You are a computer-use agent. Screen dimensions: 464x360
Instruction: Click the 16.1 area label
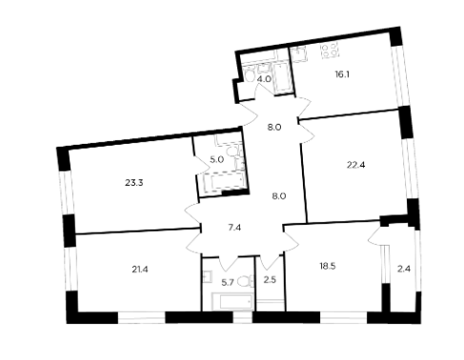342,75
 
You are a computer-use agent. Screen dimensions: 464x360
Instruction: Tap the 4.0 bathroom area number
264,79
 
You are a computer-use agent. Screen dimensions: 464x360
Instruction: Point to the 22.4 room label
355,165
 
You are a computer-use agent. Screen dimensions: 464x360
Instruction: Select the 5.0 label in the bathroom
217,159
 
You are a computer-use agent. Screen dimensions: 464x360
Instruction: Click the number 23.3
134,183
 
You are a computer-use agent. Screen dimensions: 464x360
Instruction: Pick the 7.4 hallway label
234,228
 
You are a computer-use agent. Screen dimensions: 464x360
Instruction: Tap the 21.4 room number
140,270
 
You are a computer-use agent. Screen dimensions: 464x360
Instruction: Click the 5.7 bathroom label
228,282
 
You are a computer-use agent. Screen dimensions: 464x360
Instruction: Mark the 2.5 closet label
270,280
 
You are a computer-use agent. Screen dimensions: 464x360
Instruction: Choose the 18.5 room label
328,266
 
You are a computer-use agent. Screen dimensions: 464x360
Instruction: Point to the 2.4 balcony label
404,270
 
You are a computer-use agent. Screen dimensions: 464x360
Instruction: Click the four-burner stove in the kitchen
330,50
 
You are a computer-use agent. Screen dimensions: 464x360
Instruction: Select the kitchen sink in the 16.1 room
298,54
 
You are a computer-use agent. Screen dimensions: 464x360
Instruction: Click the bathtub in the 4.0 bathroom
281,77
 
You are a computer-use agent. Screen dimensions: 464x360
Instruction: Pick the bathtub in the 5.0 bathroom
224,183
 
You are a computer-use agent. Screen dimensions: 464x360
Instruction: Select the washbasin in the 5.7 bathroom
207,277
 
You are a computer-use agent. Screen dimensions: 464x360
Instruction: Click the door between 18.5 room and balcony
375,235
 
